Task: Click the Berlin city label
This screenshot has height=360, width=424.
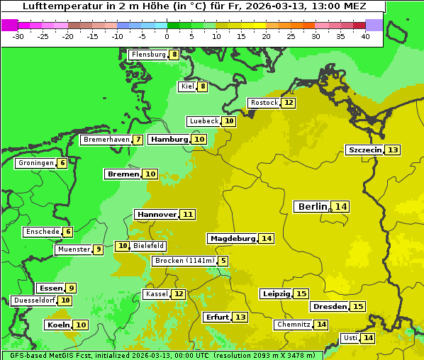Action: coord(313,206)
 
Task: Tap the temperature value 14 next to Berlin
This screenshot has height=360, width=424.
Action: coord(341,206)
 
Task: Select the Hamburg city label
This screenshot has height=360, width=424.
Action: coord(169,140)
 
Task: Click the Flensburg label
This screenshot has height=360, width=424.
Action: coord(148,55)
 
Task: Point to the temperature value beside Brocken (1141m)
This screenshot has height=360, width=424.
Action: coord(223,261)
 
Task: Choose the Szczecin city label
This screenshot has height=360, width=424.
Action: coord(364,150)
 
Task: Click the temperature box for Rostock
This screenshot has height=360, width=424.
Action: coord(288,103)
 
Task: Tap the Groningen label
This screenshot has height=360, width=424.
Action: coord(35,163)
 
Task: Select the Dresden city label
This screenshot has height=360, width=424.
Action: coord(329,307)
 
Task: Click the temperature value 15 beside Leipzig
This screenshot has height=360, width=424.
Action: coord(301,294)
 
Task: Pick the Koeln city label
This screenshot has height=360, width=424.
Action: coord(58,325)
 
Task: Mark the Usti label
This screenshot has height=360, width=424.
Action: coord(350,338)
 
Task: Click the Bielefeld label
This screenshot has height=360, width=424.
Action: coord(148,246)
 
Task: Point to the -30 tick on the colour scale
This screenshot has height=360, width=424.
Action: coord(18,35)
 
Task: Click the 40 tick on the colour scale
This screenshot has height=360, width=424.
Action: coord(365,35)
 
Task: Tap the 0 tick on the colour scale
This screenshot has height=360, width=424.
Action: coord(167,35)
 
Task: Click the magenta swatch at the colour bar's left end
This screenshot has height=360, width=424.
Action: coord(9,25)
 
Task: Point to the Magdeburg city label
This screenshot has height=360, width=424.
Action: coord(233,239)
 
